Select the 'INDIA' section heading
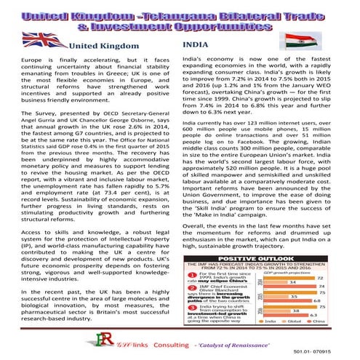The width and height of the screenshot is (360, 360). pos(192,45)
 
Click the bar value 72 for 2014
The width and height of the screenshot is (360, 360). pos(321,279)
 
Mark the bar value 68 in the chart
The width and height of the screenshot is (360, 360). pos(317,301)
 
